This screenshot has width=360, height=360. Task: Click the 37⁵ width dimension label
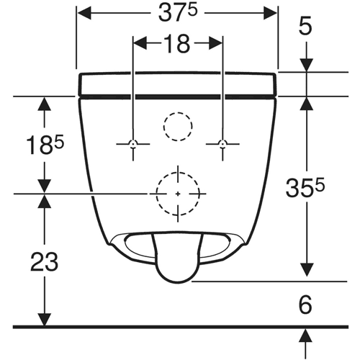tap(178, 14)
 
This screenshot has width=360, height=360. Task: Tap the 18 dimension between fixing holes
tap(178, 44)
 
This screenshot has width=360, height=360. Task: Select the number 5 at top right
tap(305, 25)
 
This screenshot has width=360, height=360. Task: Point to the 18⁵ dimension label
tap(45, 145)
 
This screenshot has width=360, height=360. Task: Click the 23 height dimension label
tap(45, 262)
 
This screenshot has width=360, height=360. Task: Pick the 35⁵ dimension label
tap(305, 188)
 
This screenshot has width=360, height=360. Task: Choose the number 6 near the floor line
tap(305, 305)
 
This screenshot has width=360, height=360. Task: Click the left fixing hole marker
tap(133, 144)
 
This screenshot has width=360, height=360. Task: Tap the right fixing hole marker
tap(222, 144)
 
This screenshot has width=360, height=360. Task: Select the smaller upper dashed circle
tap(178, 112)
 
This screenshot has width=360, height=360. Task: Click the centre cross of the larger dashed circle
tap(178, 194)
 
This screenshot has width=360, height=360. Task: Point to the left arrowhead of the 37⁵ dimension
tap(84, 14)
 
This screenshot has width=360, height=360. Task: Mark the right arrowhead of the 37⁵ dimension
tap(270, 14)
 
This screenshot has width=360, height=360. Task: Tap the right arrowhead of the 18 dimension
tap(215, 43)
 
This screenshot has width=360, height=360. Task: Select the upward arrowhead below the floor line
tap(305, 336)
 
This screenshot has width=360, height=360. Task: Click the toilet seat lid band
tap(177, 84)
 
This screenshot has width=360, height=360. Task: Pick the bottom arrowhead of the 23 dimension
tap(45, 320)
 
